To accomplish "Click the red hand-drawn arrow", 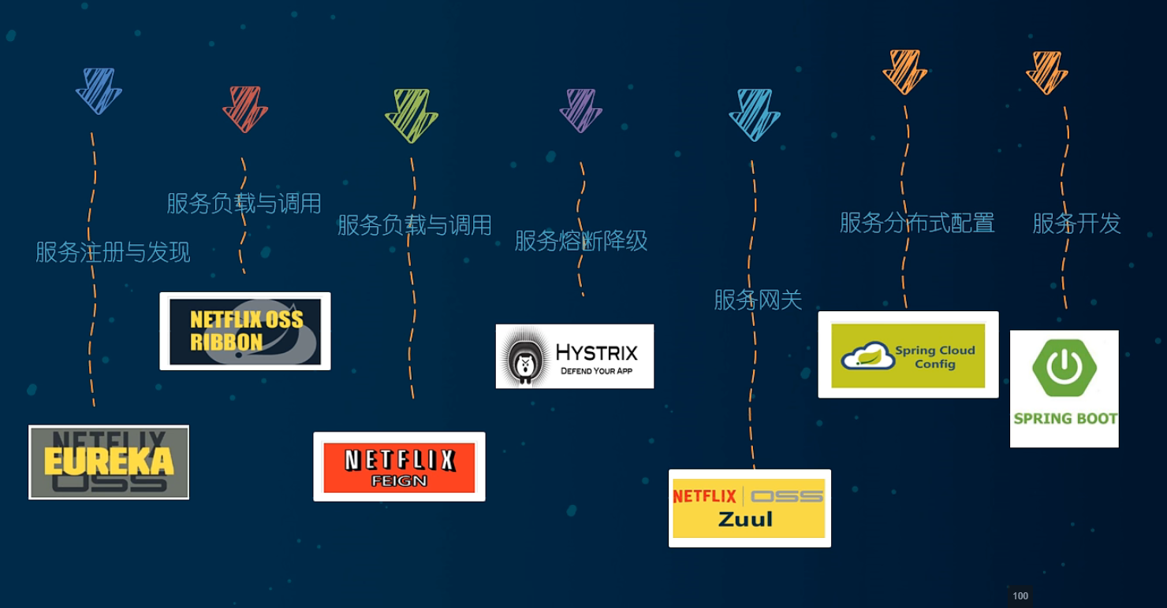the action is click(245, 109).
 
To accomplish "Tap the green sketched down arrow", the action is click(411, 115).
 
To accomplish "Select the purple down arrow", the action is click(580, 109).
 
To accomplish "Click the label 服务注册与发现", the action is click(113, 252).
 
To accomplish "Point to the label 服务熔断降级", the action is click(580, 241).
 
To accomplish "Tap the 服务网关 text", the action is click(757, 300).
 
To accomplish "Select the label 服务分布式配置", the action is click(916, 223).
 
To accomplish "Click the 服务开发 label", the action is click(1076, 224).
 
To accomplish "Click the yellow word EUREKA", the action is click(109, 462).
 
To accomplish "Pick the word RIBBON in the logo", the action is click(226, 343).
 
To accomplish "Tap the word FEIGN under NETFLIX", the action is click(399, 480).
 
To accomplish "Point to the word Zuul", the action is click(745, 519).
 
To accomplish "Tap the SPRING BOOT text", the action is click(1064, 418).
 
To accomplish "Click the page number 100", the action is click(1020, 596).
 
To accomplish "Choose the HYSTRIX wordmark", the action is click(596, 352).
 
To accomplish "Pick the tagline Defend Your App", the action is click(596, 371).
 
